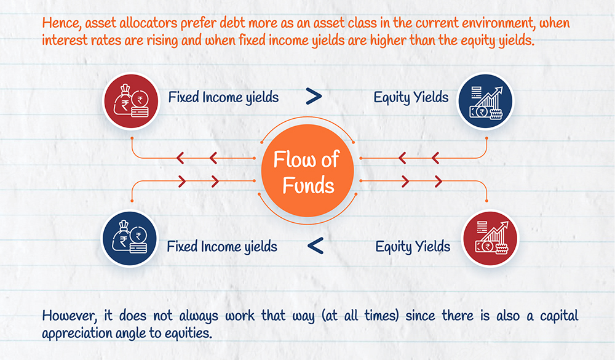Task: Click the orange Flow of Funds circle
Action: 307,170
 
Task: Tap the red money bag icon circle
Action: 130,102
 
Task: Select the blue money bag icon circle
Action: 129,239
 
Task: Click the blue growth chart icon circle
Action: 486,102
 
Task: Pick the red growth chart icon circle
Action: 490,239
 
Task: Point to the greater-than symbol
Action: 314,96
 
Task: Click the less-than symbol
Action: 315,246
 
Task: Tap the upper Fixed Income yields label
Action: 223,97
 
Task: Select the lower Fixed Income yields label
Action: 222,247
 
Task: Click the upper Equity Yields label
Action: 411,97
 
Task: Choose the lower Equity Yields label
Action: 413,247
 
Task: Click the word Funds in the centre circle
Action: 308,185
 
